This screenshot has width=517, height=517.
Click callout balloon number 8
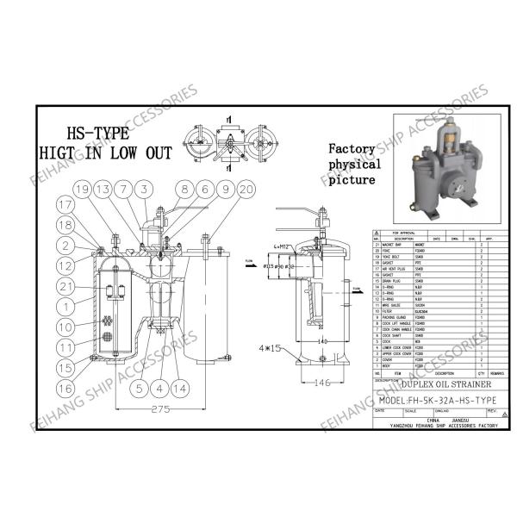click(x=185, y=188)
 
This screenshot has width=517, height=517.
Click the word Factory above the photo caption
click(x=352, y=148)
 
